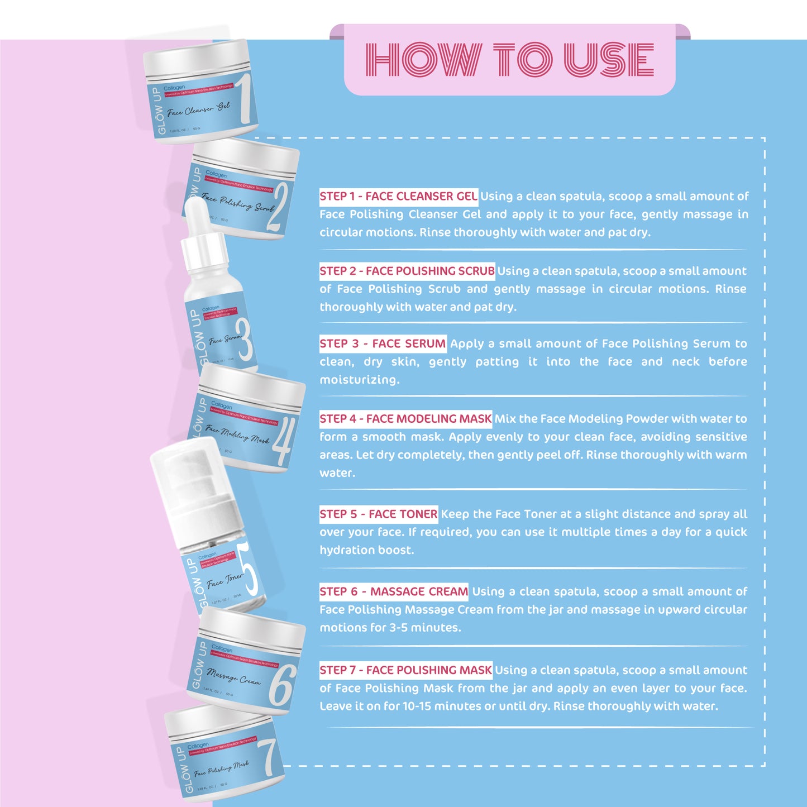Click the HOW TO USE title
pos(509,59)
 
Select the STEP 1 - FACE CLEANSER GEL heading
pos(398,196)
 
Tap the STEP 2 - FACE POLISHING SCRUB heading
pos(407,271)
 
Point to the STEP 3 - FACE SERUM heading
pos(383,343)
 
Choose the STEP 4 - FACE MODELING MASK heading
pos(405,418)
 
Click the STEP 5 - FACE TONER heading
pos(379,514)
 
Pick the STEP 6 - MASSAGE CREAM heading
pos(394,591)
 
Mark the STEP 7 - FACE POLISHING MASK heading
pos(405,670)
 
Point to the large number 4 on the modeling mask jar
pos(281,442)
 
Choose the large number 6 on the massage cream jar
pos(282,685)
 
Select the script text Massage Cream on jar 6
pos(233,676)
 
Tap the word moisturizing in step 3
pos(359,380)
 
